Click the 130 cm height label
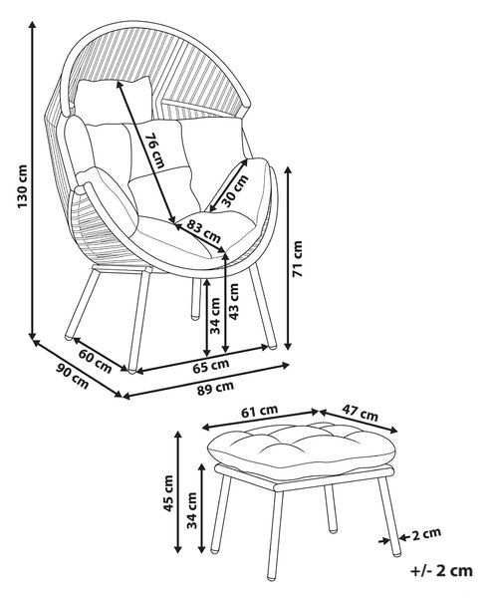[x=23, y=186]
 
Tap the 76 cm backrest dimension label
[x=156, y=150]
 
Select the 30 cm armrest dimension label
[x=235, y=190]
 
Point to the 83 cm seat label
[x=204, y=232]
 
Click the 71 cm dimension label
[x=297, y=258]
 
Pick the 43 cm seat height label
[x=233, y=302]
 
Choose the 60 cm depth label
[x=96, y=361]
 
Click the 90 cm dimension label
[x=73, y=377]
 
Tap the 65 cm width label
[x=211, y=366]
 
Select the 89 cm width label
[x=215, y=388]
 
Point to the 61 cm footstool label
[x=260, y=411]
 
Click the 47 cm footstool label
[x=360, y=413]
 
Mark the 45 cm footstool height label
[x=167, y=492]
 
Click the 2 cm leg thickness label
[x=427, y=533]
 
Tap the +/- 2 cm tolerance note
[x=441, y=571]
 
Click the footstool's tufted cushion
[x=301, y=446]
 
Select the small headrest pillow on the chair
[x=114, y=100]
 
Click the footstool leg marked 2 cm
[x=389, y=516]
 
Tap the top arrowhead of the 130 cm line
[x=33, y=25]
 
